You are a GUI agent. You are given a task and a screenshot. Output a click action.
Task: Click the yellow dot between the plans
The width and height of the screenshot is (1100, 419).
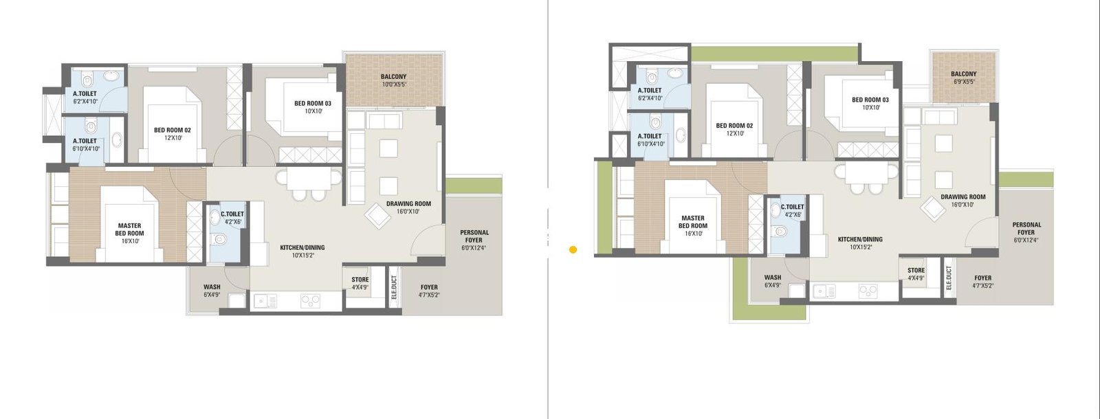[573, 250]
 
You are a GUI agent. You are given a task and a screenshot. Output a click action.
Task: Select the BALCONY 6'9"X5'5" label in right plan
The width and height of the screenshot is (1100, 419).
[963, 78]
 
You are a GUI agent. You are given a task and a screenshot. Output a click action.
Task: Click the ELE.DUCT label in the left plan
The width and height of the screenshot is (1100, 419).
[394, 287]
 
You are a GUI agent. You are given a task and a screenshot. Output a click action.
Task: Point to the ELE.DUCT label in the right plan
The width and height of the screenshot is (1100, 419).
[949, 278]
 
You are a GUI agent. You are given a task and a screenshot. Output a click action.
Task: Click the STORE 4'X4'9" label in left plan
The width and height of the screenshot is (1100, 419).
[360, 283]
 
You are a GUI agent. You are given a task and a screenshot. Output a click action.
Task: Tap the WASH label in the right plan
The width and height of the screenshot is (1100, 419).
[773, 281]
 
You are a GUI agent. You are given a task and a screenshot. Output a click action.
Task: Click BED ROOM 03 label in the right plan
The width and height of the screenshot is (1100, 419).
[870, 103]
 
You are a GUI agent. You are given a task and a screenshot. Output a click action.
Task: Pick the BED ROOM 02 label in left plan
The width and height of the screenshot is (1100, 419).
[173, 133]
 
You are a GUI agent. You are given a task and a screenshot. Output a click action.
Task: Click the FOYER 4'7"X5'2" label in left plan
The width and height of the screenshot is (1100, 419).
[429, 291]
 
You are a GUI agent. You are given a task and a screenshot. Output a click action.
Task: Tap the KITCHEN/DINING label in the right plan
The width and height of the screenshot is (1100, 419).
[860, 242]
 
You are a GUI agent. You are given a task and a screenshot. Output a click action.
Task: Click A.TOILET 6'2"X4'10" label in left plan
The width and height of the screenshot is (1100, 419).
[85, 97]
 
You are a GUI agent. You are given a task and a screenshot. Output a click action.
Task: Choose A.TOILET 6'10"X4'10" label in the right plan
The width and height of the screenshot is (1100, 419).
[650, 139]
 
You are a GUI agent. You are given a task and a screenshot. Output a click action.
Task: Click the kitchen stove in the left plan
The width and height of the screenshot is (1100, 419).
[310, 300]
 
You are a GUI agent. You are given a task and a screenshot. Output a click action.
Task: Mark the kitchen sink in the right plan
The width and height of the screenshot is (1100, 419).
[823, 291]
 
